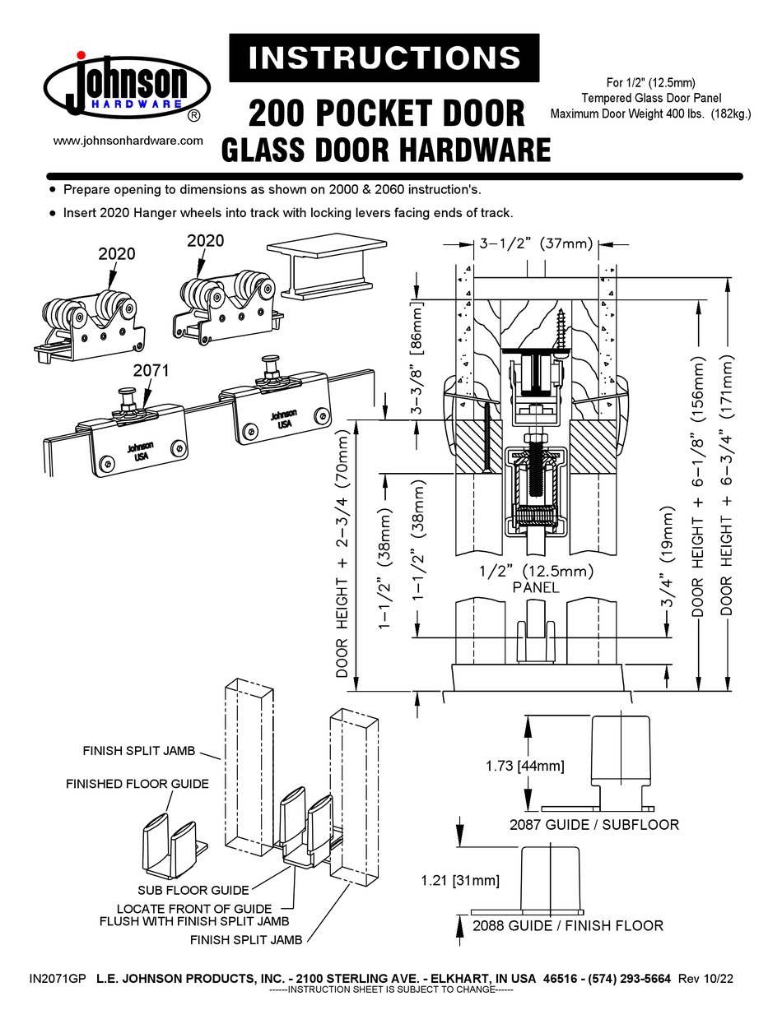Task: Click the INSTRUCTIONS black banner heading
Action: click(x=384, y=58)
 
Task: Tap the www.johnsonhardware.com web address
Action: click(x=128, y=141)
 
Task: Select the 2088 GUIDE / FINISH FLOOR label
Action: click(x=568, y=926)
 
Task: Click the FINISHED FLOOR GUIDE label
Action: click(x=137, y=784)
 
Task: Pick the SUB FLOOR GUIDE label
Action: click(x=193, y=890)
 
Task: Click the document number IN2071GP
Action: click(x=57, y=979)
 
